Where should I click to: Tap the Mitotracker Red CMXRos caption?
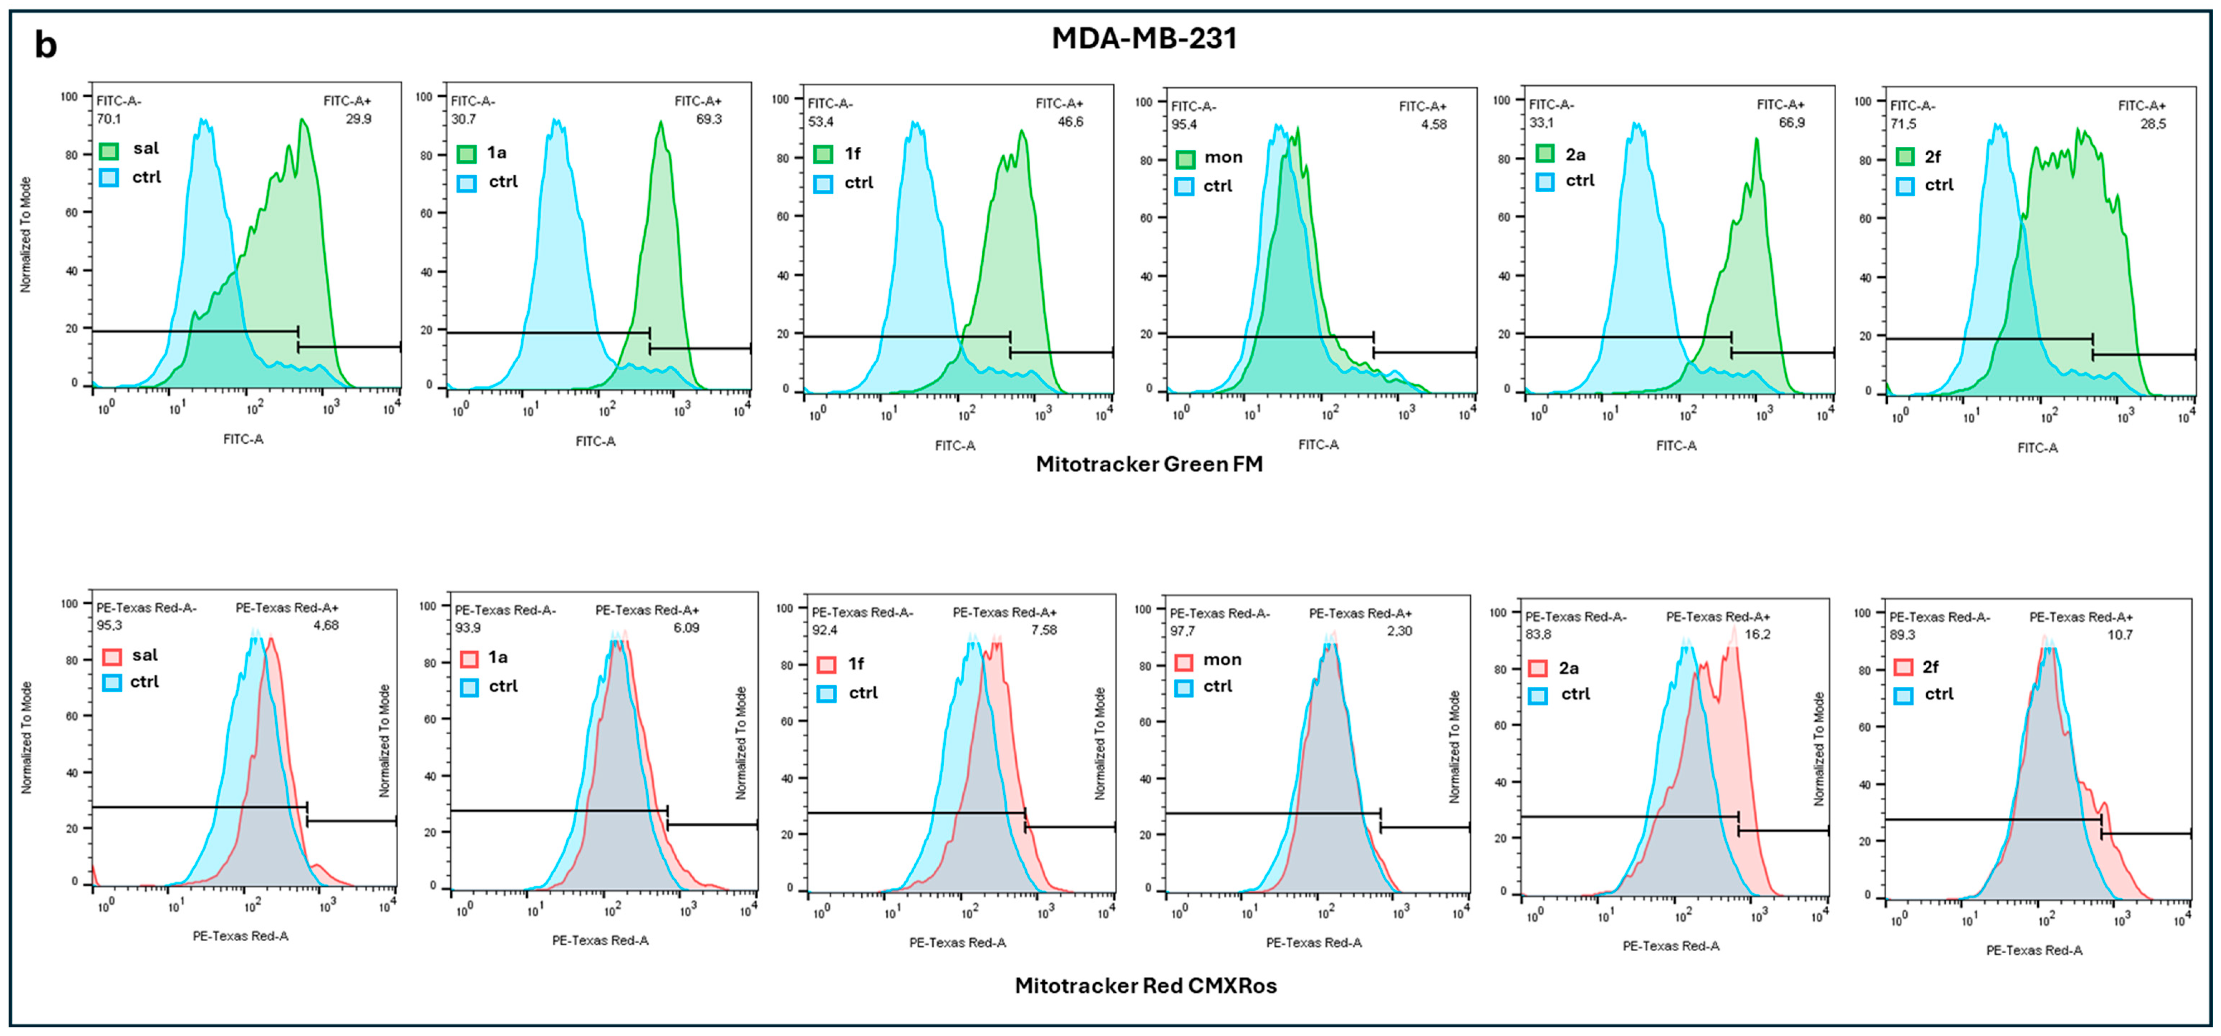[x=1145, y=985]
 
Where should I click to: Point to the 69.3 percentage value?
[x=709, y=119]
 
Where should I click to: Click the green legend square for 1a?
[x=466, y=154]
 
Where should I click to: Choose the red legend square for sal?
[x=111, y=657]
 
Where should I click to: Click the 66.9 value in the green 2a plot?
[x=1792, y=122]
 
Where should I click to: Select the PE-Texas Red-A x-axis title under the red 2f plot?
[x=2034, y=950]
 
